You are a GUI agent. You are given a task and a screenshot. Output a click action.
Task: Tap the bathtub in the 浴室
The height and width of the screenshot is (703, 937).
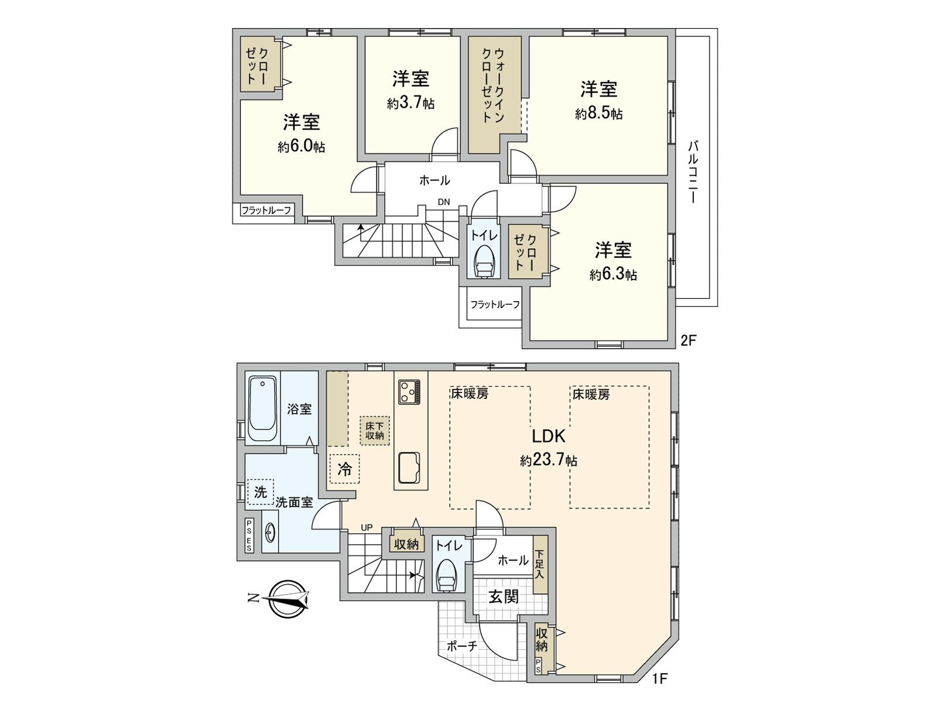(262, 409)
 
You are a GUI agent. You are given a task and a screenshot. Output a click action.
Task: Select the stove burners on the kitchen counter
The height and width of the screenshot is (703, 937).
(409, 392)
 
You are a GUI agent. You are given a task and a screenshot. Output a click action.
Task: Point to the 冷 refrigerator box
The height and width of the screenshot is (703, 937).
(344, 469)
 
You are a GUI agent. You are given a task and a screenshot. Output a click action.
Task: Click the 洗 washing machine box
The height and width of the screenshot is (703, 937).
(260, 492)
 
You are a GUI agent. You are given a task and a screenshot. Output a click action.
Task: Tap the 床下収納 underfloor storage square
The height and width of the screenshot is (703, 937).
(374, 431)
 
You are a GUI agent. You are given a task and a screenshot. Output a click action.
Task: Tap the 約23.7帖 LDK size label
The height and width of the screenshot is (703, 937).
(549, 460)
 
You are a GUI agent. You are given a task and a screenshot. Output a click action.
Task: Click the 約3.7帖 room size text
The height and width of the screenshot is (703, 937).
(411, 104)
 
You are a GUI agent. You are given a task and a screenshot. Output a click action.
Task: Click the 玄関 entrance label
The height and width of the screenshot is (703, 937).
(503, 597)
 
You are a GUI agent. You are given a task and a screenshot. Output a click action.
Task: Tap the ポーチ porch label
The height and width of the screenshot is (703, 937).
(462, 646)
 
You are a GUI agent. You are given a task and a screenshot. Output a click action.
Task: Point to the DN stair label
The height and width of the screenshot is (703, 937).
(444, 202)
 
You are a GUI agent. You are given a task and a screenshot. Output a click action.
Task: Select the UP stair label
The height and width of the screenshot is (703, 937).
(367, 527)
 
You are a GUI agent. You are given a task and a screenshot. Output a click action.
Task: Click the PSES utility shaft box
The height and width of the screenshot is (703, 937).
(249, 535)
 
